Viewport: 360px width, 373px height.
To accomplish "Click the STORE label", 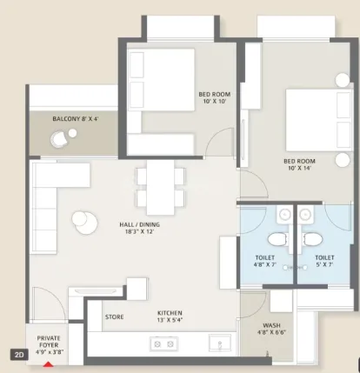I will click(x=114, y=316).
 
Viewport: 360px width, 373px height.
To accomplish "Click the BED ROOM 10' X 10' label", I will click(x=214, y=97).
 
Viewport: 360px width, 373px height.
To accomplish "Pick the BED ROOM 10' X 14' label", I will click(x=298, y=165).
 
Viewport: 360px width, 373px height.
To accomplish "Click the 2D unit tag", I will click(x=17, y=354).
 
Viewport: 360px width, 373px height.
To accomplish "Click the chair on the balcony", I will click(x=61, y=137).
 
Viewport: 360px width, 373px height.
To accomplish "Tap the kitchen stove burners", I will click(x=163, y=345).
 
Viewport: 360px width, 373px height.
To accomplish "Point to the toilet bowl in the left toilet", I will click(x=275, y=238).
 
